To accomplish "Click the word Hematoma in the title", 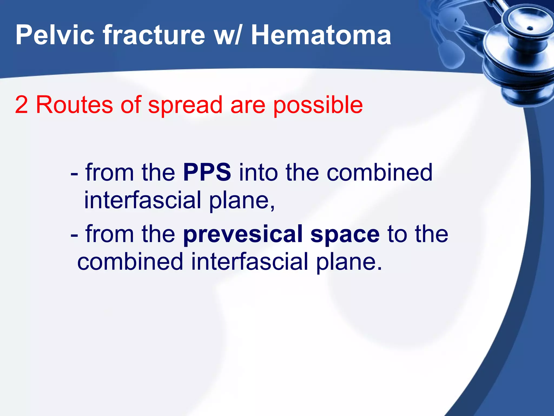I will pos(321,35).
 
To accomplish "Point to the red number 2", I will pos(22,105).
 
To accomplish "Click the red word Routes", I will pos(74,105).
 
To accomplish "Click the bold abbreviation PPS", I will pos(207,173).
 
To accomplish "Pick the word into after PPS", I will pos(258,173).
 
